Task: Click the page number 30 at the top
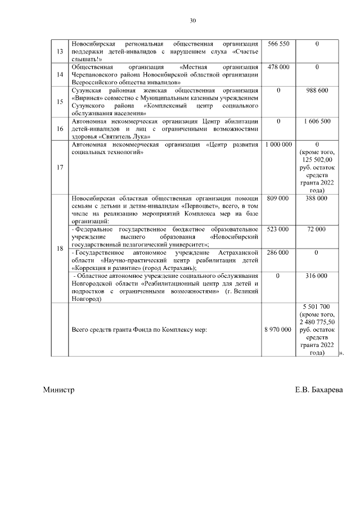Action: point(193,21)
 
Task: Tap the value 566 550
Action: point(278,44)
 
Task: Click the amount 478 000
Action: point(278,67)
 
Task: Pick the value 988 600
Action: point(317,90)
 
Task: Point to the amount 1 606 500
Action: point(317,121)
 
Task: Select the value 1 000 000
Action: point(278,145)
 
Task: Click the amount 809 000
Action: point(278,199)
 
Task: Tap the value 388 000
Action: point(317,199)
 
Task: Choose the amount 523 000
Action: point(278,229)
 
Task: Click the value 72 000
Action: point(317,229)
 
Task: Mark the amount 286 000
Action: point(278,253)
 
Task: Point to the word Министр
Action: point(58,390)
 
